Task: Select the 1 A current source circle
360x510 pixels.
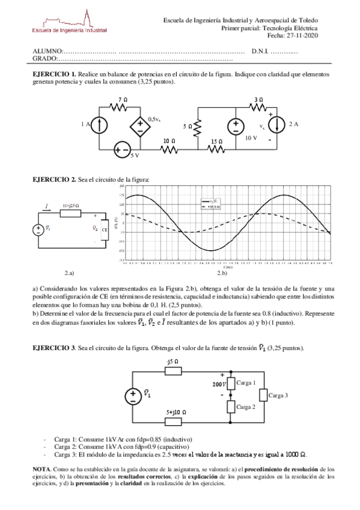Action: pyautogui.click(x=101, y=125)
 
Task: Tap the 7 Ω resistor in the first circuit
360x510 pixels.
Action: pyautogui.click(x=122, y=108)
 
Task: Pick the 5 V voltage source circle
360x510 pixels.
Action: pyautogui.click(x=123, y=150)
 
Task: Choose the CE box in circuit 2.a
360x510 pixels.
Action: pyautogui.click(x=105, y=229)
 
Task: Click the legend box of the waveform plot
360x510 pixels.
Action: pyautogui.click(x=210, y=203)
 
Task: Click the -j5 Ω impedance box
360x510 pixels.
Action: pyautogui.click(x=173, y=371)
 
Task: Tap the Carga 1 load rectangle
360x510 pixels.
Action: pyautogui.click(x=231, y=383)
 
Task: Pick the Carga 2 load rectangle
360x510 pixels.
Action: pyautogui.click(x=231, y=407)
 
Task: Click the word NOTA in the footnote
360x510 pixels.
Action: pyautogui.click(x=42, y=467)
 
